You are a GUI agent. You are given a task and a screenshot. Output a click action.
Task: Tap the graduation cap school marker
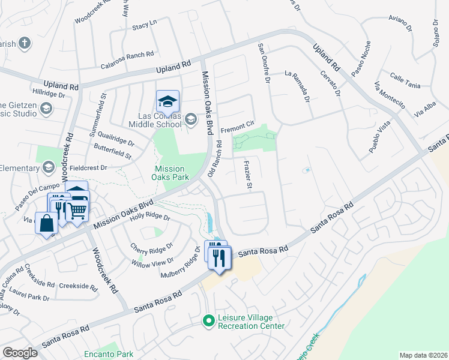[168, 101]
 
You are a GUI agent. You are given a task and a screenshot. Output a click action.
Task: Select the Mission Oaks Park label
[172, 173]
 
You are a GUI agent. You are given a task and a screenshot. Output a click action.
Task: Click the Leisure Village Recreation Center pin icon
[208, 321]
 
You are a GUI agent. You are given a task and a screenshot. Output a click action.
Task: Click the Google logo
[20, 353]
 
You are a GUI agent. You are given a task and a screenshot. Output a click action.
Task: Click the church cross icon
[24, 43]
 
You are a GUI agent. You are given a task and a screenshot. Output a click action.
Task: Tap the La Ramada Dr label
[298, 86]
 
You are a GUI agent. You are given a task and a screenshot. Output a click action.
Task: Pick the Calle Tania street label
[405, 80]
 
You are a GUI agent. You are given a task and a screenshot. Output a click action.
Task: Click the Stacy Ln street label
[144, 25]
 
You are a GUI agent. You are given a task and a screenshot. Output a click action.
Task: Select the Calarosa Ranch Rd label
[127, 55]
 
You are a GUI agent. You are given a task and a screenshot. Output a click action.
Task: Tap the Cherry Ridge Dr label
[152, 247]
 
